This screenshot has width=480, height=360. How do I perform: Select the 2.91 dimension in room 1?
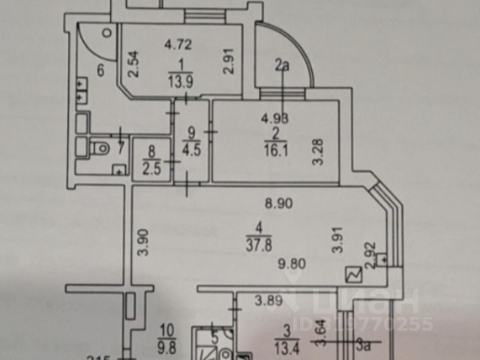click(229, 61)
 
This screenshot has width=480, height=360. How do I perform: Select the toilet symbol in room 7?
click(98, 148)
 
